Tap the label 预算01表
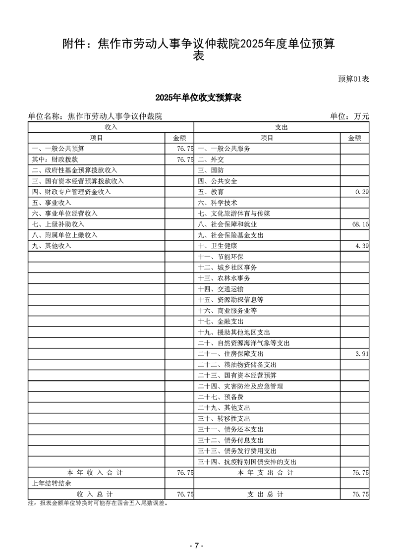tap(353, 79)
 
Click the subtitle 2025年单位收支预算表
tap(198, 98)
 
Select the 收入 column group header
tap(111, 127)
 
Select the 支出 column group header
tap(281, 127)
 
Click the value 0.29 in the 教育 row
tap(362, 192)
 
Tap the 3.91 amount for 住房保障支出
tap(362, 354)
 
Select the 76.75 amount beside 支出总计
tap(360, 495)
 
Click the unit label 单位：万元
tap(349, 116)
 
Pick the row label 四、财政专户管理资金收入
tap(71, 192)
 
